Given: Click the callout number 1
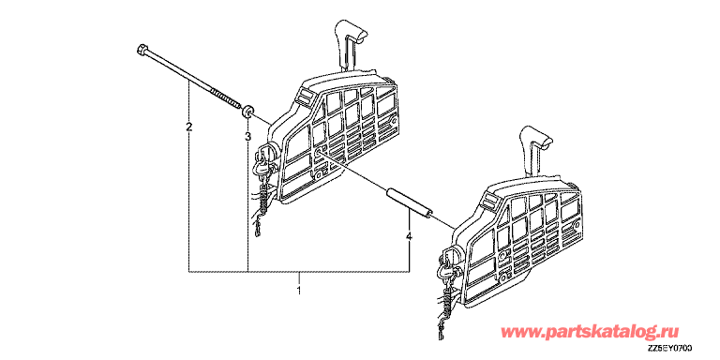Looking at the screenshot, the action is (x=299, y=291).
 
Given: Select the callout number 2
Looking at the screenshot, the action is (x=188, y=127).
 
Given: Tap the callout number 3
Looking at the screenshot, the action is (x=247, y=136).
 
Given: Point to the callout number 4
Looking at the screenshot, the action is (x=409, y=236).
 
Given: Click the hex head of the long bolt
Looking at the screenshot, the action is (x=142, y=49).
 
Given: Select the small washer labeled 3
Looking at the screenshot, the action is (x=247, y=112).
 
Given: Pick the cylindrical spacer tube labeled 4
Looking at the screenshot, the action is (x=410, y=202).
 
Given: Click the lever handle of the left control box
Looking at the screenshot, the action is (x=352, y=45).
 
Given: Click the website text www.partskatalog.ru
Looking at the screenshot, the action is (x=590, y=331).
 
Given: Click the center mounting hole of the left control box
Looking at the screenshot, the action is (x=318, y=152).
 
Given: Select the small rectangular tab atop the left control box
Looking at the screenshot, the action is (x=304, y=97).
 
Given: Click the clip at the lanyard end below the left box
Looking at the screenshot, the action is (x=259, y=226).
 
